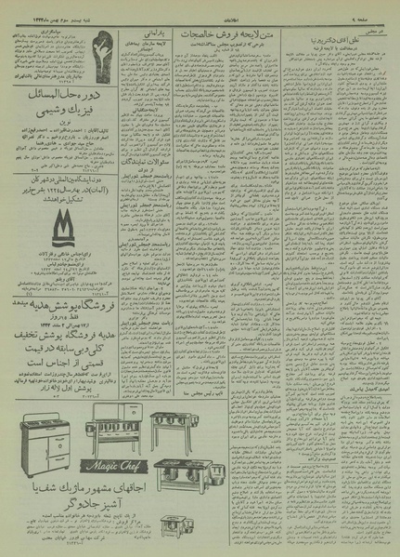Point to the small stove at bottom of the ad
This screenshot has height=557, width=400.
187,470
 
